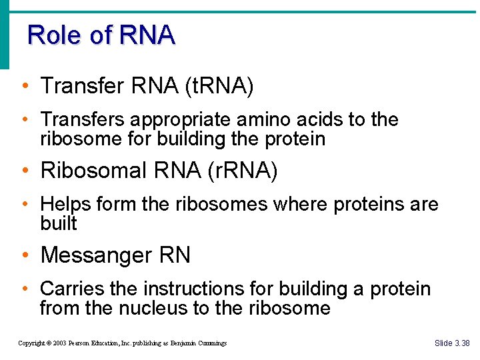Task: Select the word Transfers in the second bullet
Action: [83, 120]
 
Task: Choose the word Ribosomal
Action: [93, 171]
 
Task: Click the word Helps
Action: [65, 205]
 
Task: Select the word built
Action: [59, 223]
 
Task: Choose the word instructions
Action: [193, 289]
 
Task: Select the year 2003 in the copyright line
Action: [63, 343]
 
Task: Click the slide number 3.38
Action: [461, 343]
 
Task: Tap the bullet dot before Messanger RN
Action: [25, 255]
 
